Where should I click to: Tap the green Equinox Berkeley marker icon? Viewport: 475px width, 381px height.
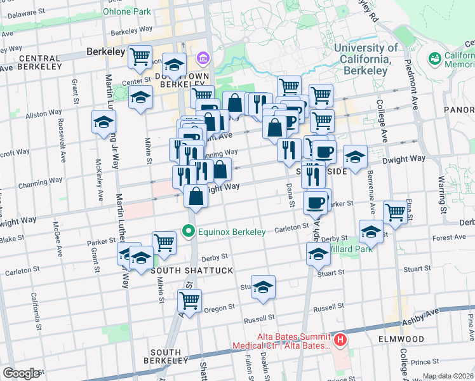[x=189, y=231]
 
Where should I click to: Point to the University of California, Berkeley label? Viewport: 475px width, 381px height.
[x=366, y=59]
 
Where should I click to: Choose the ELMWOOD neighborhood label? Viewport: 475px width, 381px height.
[x=405, y=339]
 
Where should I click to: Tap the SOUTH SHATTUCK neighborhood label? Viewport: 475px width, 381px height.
[x=184, y=271]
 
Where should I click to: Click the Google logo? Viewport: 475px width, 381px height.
[x=21, y=373]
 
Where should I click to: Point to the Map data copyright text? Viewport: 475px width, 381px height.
[x=448, y=376]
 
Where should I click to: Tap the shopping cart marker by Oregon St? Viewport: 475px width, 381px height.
[x=189, y=300]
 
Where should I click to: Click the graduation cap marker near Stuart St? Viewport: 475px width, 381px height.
[x=263, y=288]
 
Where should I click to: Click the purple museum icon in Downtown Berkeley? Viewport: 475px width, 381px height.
[x=204, y=59]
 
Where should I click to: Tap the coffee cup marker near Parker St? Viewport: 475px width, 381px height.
[x=315, y=203]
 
